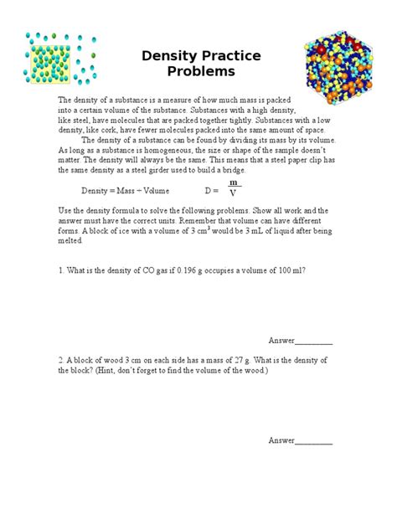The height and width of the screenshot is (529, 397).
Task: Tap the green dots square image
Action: (x=56, y=64)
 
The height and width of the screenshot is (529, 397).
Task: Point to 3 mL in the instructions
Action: (x=245, y=231)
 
